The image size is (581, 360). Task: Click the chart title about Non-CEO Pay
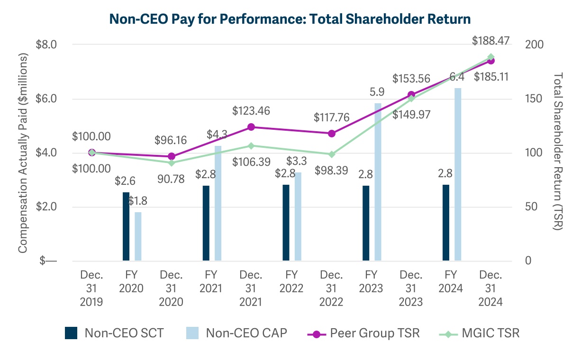[x=290, y=19]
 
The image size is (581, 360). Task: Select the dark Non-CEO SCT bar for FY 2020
[x=126, y=226]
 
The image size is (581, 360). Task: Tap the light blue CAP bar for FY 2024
[x=458, y=174]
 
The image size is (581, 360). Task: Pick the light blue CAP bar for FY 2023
[x=378, y=182]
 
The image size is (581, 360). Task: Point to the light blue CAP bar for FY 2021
[x=218, y=203]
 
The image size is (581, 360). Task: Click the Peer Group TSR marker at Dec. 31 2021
[x=252, y=127]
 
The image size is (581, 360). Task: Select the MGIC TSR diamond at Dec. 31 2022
[x=332, y=154]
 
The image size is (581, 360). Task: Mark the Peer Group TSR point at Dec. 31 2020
[x=172, y=156]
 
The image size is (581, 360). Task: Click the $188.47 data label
[x=490, y=41]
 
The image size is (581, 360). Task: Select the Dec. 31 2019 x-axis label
[x=91, y=288]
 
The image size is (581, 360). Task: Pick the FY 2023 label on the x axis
[x=372, y=282]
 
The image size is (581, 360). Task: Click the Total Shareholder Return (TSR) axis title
[x=558, y=152]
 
